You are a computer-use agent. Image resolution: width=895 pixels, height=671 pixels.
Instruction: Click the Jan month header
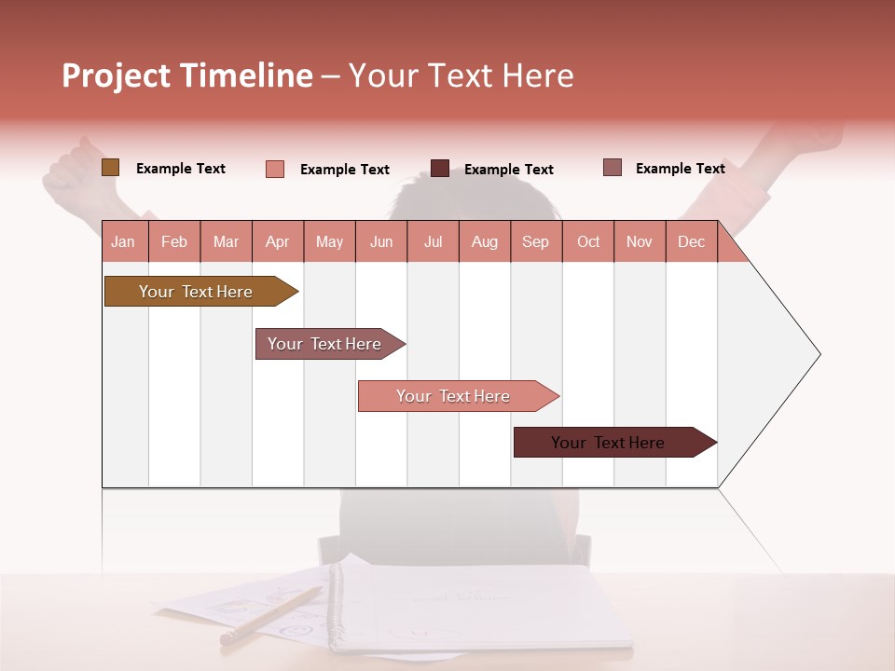tap(123, 242)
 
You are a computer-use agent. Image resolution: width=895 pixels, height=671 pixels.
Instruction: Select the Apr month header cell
tap(278, 242)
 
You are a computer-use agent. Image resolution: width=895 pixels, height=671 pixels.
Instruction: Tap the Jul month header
tap(433, 242)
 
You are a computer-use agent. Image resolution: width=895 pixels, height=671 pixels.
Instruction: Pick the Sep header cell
tap(535, 242)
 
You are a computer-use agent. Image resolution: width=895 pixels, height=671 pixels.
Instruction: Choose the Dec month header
tap(691, 242)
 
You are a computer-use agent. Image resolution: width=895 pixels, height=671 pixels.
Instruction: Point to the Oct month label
tap(588, 242)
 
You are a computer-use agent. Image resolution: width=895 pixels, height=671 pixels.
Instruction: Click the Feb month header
tap(174, 242)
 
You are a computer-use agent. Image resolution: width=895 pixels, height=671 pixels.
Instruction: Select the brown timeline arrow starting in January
tap(196, 292)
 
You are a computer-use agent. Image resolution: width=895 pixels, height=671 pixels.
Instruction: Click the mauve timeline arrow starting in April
tap(324, 344)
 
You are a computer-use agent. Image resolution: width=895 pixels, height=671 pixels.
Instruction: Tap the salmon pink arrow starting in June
tap(453, 396)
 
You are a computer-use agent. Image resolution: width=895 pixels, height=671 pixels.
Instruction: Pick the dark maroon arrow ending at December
tap(608, 443)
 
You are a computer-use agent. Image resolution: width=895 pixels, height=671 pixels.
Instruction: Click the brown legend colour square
tap(110, 168)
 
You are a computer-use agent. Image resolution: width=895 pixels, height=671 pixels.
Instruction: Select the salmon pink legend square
tap(274, 169)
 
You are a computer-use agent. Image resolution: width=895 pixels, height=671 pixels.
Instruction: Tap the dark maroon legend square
tap(440, 169)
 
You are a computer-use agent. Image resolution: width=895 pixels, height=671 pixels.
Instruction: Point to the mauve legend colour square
tap(613, 168)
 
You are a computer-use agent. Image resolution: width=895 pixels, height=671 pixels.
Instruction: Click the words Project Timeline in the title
tap(186, 75)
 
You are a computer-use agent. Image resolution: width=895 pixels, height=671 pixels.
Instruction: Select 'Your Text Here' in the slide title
tap(461, 75)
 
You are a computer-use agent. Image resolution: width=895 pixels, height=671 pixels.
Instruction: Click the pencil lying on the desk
tap(270, 616)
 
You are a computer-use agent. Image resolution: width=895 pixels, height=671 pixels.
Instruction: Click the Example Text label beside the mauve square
tap(680, 169)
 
